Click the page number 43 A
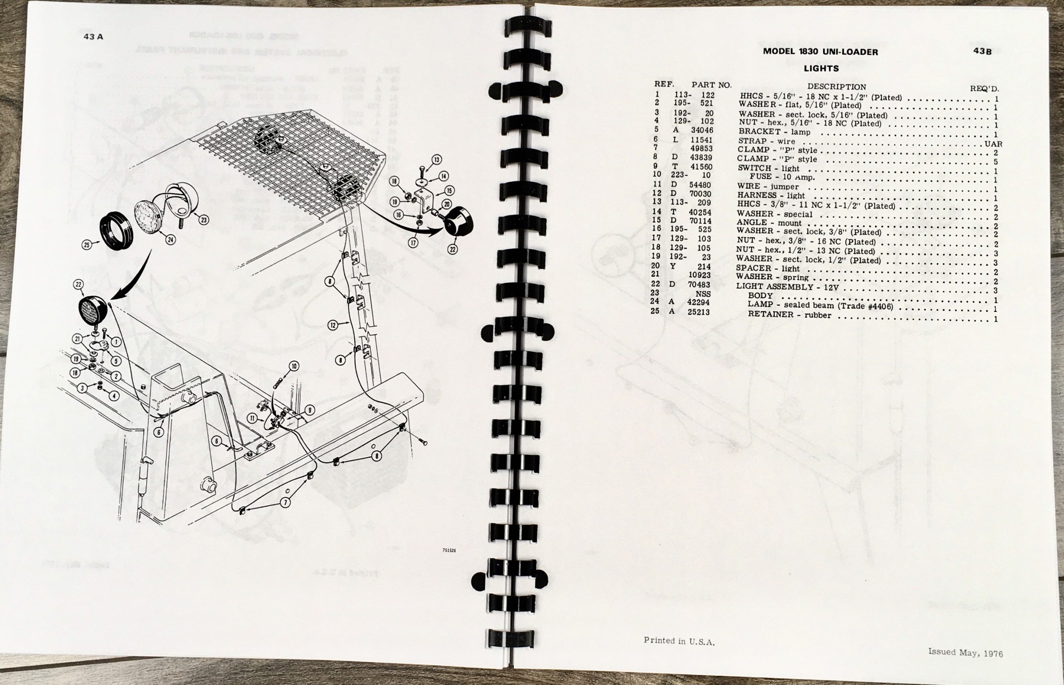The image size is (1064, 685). point(93,37)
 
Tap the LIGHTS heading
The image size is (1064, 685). point(821,69)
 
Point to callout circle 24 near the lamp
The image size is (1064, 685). point(170,240)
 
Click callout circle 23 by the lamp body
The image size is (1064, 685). point(203,220)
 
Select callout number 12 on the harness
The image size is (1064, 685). point(333,325)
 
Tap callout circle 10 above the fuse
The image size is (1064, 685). point(294,366)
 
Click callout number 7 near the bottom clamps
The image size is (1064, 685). point(285,503)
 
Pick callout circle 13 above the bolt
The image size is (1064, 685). point(436,160)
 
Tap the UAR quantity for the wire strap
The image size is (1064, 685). point(993,144)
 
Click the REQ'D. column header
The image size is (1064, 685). point(984,89)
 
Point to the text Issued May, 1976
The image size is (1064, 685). point(965,653)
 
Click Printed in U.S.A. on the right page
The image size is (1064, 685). point(679,641)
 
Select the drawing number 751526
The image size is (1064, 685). point(449,550)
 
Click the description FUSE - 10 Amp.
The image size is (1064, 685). point(782,177)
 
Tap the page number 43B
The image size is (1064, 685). point(982,51)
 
